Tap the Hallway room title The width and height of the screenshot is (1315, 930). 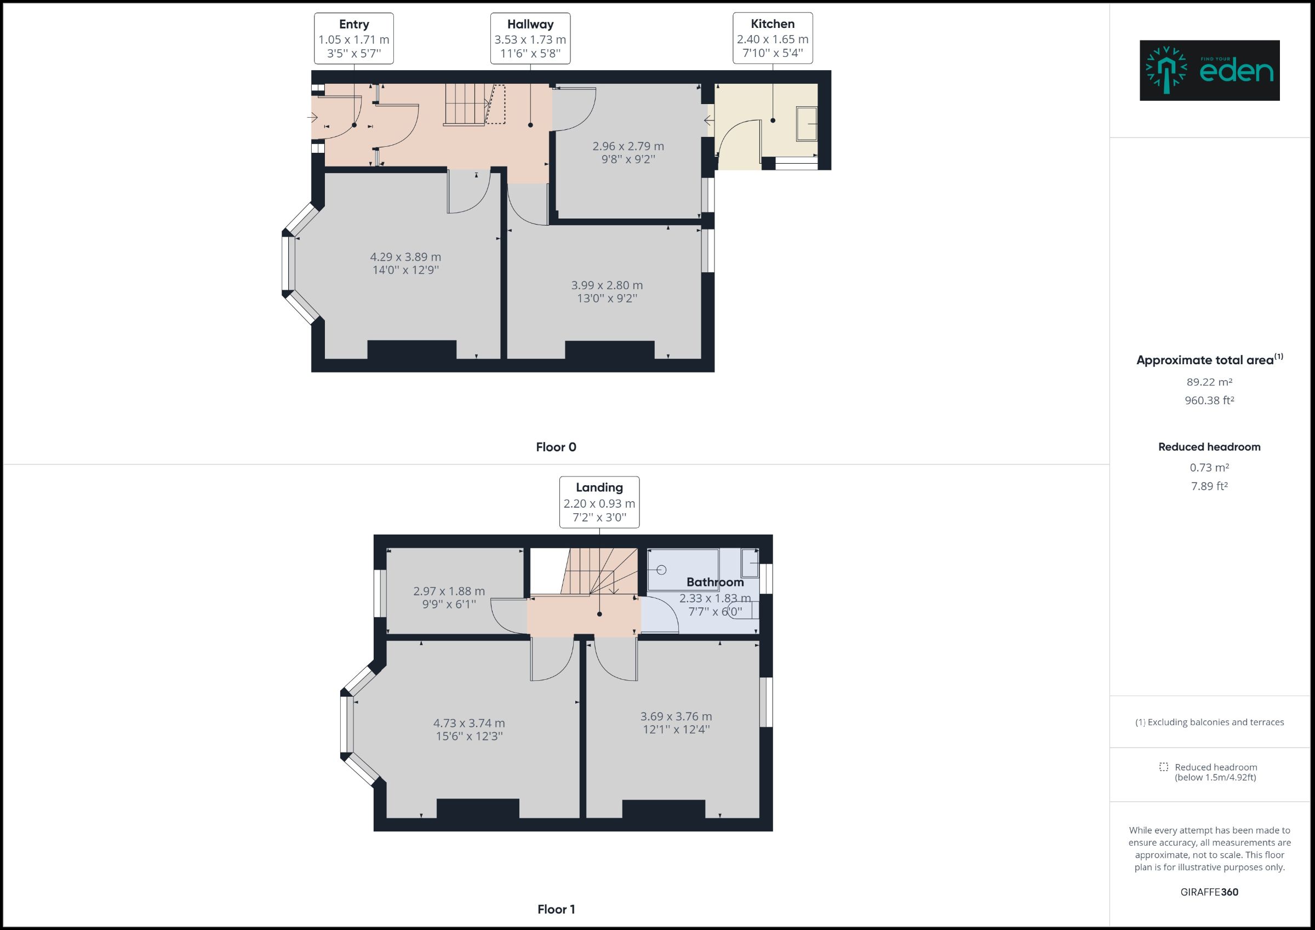coord(530,24)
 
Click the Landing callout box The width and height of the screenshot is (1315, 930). coord(599,502)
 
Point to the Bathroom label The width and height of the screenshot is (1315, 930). coord(715,582)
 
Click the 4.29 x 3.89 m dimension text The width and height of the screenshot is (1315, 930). coord(405,257)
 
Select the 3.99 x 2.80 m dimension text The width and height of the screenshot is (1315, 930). coord(607,285)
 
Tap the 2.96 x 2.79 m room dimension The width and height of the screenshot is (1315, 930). coord(628,146)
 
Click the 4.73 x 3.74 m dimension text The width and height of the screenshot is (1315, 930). coord(469,724)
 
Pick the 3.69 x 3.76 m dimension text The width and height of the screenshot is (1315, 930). coord(676,716)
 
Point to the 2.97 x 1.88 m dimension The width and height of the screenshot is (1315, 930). coord(449,591)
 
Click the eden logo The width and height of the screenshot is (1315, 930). coord(1209,71)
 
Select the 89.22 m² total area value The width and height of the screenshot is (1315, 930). coord(1209,382)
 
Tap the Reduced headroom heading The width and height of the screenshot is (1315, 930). coord(1209,447)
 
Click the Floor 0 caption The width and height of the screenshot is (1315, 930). coord(556,447)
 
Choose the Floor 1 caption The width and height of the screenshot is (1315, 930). coord(556,909)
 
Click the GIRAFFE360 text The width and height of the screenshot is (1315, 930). coord(1209,892)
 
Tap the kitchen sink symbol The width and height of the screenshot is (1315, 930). coord(807,124)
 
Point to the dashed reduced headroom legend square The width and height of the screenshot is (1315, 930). coord(1163,767)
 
